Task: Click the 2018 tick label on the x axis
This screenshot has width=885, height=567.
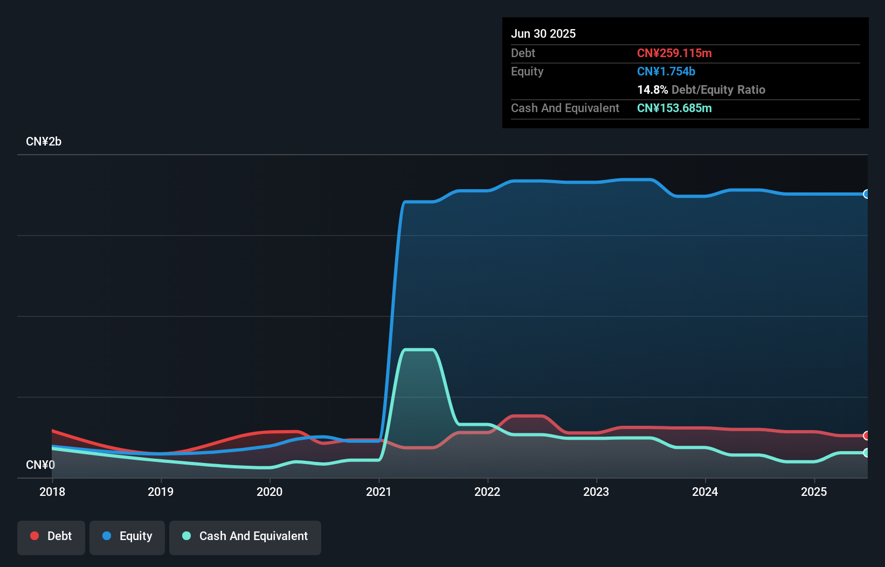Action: (52, 492)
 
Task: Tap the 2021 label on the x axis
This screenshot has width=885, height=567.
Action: (378, 492)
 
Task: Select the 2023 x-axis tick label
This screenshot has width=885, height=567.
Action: (596, 492)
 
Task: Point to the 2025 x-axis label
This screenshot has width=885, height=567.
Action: (814, 492)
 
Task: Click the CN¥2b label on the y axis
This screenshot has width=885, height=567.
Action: (44, 142)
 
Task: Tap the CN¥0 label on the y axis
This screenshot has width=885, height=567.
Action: (40, 465)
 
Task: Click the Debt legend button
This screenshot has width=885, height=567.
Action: (51, 536)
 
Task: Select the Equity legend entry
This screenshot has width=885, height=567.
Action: (127, 536)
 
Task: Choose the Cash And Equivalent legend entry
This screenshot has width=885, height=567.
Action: (245, 536)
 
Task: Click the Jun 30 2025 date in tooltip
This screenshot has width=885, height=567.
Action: (543, 33)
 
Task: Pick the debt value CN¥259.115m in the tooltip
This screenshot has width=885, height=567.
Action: (674, 53)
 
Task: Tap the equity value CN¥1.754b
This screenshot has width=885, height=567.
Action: (666, 71)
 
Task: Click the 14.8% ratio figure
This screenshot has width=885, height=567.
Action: (652, 89)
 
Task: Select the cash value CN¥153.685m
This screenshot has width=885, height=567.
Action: (674, 108)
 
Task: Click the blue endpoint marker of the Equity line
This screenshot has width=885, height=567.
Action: (866, 194)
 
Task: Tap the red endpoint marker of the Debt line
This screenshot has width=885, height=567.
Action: (866, 435)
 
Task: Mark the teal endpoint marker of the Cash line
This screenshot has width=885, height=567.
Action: (866, 453)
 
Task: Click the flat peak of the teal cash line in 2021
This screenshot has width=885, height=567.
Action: (419, 350)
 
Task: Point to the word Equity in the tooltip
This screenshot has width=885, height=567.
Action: (527, 71)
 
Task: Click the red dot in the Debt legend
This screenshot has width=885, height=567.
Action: (34, 536)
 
